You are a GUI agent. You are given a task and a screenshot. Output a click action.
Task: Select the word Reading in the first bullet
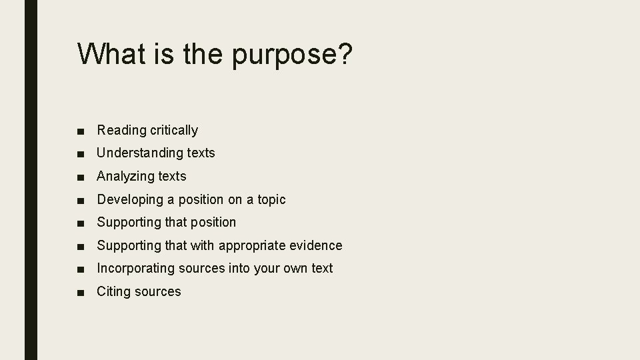pyautogui.click(x=121, y=130)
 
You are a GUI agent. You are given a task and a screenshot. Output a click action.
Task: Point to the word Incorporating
pyautogui.click(x=136, y=268)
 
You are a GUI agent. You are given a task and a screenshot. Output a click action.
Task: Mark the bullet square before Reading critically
pyautogui.click(x=81, y=131)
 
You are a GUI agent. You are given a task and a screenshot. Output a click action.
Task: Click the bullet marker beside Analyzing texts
pyautogui.click(x=81, y=177)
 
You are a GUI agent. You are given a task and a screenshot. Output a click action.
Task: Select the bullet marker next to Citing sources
pyautogui.click(x=81, y=292)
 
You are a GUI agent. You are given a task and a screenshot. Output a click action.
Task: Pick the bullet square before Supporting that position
pyautogui.click(x=81, y=223)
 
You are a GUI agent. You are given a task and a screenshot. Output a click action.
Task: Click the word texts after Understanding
pyautogui.click(x=201, y=153)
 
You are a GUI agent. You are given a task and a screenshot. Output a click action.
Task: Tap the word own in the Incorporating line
pyautogui.click(x=293, y=268)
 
